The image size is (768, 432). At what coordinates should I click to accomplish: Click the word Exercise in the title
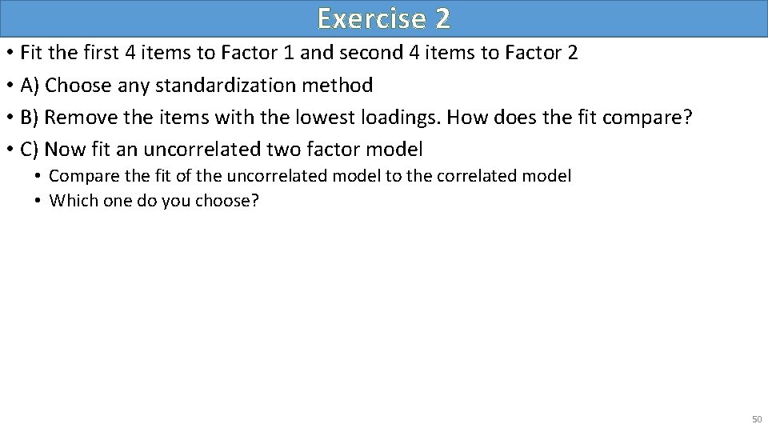[x=366, y=18]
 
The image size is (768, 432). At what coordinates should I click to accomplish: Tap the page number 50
[x=756, y=418]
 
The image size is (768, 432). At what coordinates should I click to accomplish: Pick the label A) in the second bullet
[x=31, y=84]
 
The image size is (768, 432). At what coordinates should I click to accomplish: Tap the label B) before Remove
[x=31, y=116]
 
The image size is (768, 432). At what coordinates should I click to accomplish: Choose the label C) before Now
[x=31, y=148]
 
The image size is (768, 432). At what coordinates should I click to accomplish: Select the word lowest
[x=314, y=116]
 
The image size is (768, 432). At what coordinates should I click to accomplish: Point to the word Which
[x=70, y=200]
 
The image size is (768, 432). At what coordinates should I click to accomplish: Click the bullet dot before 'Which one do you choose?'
[x=38, y=200]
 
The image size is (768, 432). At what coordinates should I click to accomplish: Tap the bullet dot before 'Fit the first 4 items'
[x=10, y=54]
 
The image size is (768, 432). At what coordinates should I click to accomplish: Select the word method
[x=342, y=84]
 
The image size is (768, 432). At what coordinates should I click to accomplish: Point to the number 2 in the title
[x=441, y=18]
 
